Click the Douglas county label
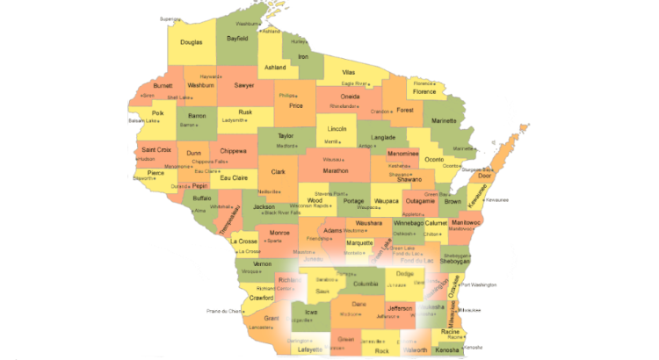click(192, 42)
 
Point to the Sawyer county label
click(244, 85)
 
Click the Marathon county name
click(336, 170)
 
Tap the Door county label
click(483, 176)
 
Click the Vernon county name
click(262, 263)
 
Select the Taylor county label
click(286, 136)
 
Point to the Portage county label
click(353, 201)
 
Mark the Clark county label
click(278, 172)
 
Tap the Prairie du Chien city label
click(223, 311)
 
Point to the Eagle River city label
click(353, 83)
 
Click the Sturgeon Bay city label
click(478, 166)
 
